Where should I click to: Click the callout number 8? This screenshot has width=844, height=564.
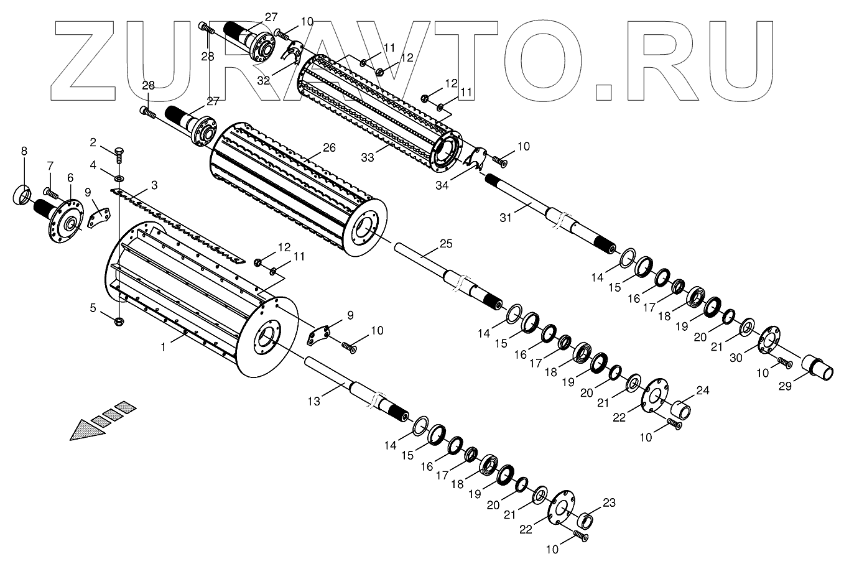(24, 151)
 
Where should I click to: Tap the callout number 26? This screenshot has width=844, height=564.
(329, 148)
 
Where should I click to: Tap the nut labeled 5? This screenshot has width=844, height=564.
(120, 321)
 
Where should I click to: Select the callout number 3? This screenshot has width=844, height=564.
(154, 185)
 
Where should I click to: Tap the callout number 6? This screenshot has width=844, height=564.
(70, 177)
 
